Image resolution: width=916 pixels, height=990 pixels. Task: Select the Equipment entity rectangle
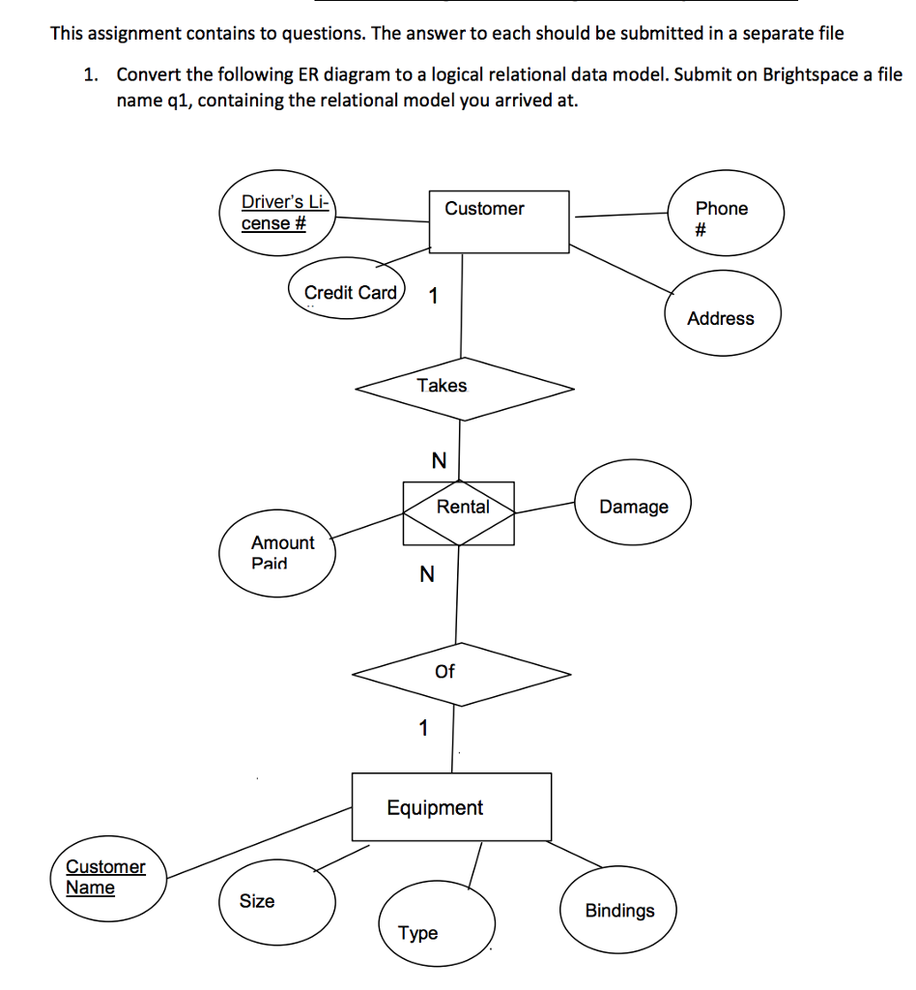tap(451, 806)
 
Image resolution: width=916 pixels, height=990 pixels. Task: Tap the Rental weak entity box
tap(459, 511)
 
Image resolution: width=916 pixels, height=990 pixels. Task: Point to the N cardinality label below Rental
tap(426, 575)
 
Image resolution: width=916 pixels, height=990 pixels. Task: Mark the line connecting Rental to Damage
tap(544, 506)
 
